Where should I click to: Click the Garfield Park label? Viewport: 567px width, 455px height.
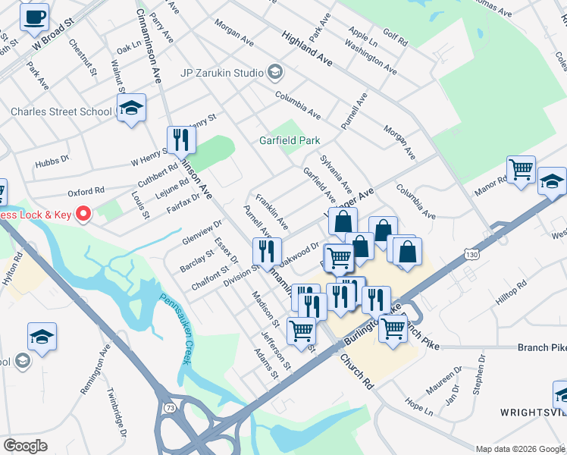tap(290, 140)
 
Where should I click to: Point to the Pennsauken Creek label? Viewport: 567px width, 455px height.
tap(174, 330)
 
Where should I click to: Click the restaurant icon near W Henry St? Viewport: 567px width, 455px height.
tap(181, 140)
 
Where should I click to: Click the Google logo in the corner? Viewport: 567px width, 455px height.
tap(25, 445)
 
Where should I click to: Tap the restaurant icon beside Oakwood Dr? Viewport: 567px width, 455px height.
tap(266, 251)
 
